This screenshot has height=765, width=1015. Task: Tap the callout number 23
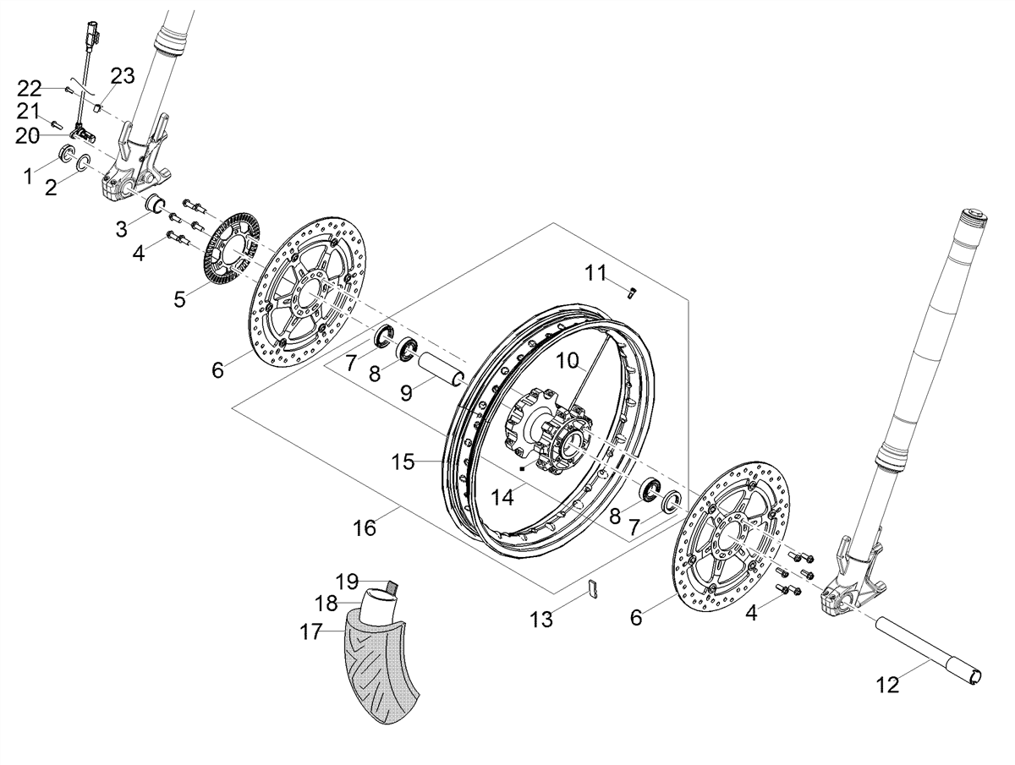pos(122,75)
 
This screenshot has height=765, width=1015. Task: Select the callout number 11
pos(595,273)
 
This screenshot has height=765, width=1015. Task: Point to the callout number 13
pos(541,619)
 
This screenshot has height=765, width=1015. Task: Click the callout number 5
pos(179,299)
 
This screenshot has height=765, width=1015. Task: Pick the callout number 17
pos(310,631)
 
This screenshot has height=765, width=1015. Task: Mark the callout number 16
pos(365,527)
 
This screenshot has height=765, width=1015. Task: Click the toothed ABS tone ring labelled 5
pos(231,249)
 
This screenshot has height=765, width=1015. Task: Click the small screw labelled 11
pos(633,292)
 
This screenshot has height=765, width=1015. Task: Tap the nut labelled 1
pos(68,152)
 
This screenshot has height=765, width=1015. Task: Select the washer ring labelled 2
pos(83,163)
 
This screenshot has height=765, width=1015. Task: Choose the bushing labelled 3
pos(155,203)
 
